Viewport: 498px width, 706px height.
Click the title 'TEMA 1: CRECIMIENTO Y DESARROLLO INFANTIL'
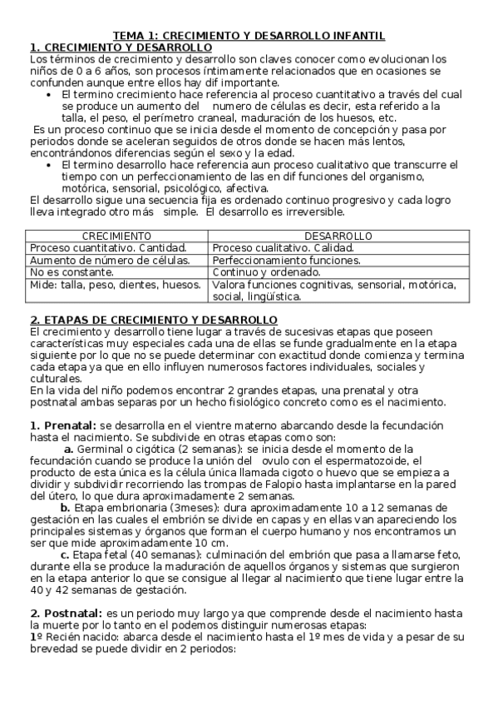[249, 36]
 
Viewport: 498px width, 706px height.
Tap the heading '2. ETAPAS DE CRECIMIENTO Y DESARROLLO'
[154, 321]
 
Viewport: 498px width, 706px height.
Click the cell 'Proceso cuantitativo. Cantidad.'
[108, 248]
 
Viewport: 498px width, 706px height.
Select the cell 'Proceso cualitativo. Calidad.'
[283, 248]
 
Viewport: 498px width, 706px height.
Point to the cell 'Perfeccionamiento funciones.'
[287, 260]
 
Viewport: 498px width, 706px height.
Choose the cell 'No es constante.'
[67, 271]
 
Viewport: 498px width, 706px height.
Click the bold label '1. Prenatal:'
[62, 425]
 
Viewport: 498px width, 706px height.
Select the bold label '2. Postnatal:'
[66, 614]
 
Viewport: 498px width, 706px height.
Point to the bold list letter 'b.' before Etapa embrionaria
[65, 508]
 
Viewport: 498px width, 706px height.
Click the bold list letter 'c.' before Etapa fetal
[66, 554]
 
